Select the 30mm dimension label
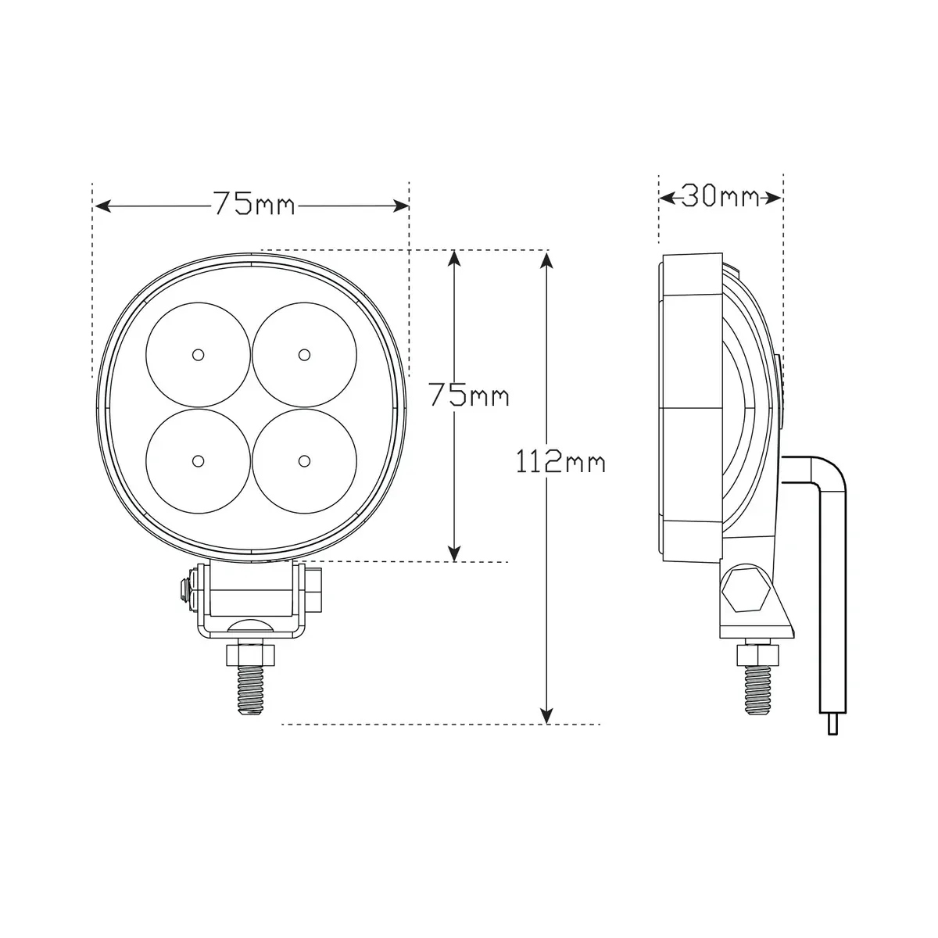pyautogui.click(x=720, y=196)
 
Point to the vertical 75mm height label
pyautogui.click(x=468, y=395)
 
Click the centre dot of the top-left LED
pyautogui.click(x=198, y=354)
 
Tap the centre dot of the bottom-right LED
pyautogui.click(x=304, y=460)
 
